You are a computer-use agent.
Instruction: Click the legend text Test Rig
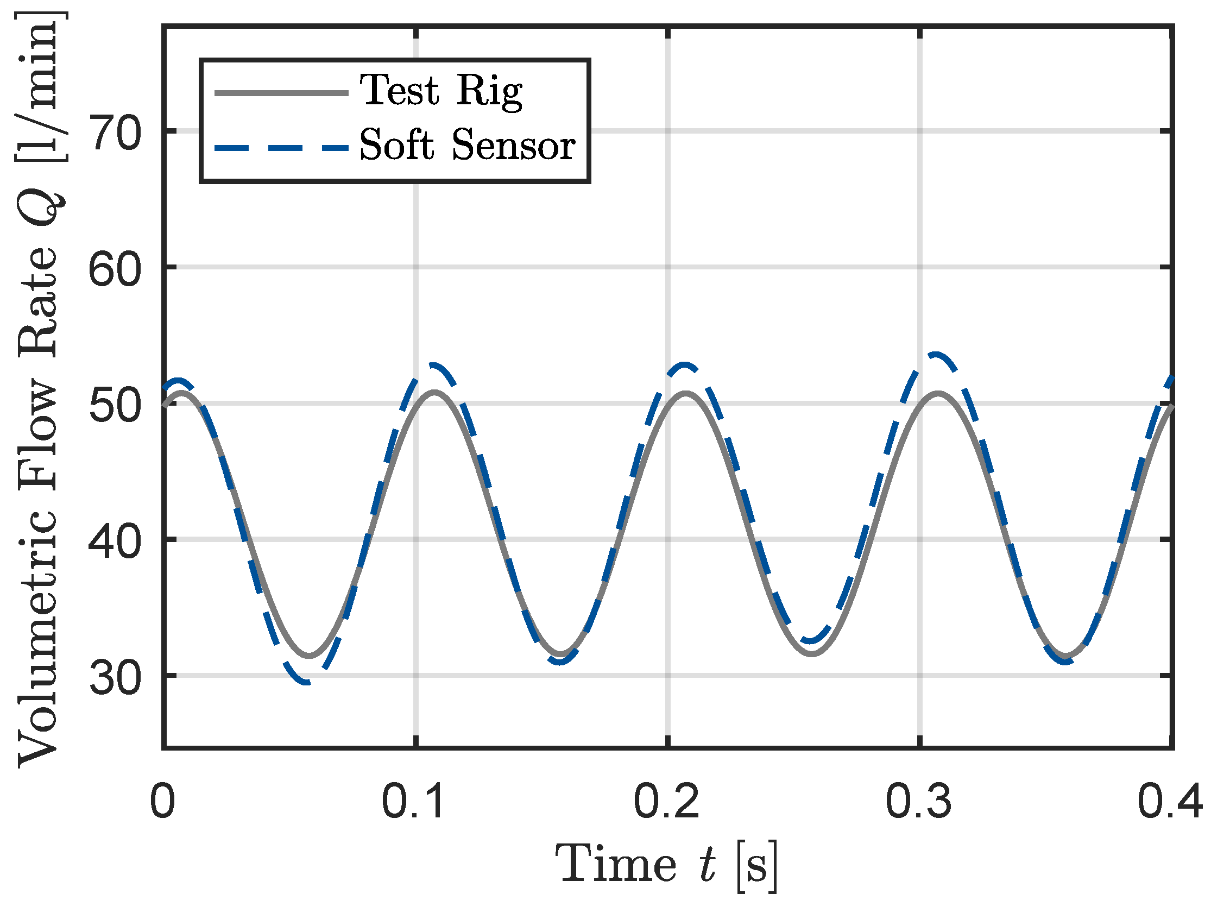(441, 91)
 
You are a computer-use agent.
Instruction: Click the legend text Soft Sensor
(467, 145)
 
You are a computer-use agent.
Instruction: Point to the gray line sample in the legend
(281, 93)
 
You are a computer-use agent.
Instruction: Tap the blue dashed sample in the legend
(281, 148)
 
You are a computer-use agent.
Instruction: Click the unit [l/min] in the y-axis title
(39, 87)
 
